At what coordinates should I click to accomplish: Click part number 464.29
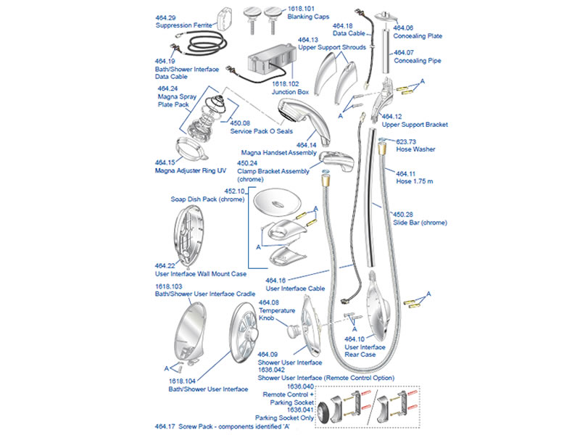[x=166, y=16]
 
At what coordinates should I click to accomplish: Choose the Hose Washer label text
[x=415, y=149]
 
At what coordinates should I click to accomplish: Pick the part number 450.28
[x=402, y=215]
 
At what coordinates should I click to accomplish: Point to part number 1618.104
[x=183, y=381]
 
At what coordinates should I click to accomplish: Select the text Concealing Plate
[x=418, y=36]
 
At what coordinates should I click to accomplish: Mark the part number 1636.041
[x=300, y=410]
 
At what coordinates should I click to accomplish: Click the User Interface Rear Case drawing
[x=378, y=302]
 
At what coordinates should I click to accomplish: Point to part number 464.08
[x=269, y=302]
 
